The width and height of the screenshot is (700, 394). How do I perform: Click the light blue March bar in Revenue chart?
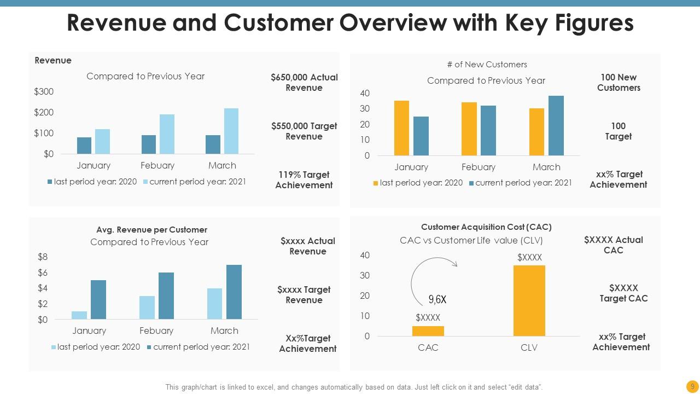[231, 131]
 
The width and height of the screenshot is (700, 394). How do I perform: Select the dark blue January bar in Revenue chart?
[84, 146]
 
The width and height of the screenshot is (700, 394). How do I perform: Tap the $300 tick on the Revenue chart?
[44, 92]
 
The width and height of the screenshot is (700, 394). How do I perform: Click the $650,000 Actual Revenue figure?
[304, 83]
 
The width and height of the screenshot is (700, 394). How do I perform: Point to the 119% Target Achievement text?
[304, 180]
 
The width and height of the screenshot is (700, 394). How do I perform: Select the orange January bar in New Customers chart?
[401, 128]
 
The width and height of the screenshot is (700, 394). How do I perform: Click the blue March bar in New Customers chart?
[556, 126]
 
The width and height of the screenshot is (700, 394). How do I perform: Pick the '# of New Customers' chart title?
[487, 65]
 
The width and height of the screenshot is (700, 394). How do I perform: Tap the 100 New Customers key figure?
[619, 83]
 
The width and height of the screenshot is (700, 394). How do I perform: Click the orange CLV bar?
[529, 300]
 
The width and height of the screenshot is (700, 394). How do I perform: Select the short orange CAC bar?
[428, 331]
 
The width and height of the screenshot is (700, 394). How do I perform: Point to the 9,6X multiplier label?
[437, 299]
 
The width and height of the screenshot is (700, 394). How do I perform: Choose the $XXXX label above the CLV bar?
[529, 257]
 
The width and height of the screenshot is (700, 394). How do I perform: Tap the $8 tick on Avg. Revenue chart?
[43, 257]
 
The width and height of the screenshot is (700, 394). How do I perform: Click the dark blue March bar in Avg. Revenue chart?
[234, 292]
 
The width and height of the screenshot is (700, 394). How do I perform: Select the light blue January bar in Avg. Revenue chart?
[79, 315]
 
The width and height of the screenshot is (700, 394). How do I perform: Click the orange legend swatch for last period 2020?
[375, 183]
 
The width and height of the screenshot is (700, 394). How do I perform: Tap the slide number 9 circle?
[692, 386]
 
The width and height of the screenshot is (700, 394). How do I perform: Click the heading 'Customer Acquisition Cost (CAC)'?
[486, 227]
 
